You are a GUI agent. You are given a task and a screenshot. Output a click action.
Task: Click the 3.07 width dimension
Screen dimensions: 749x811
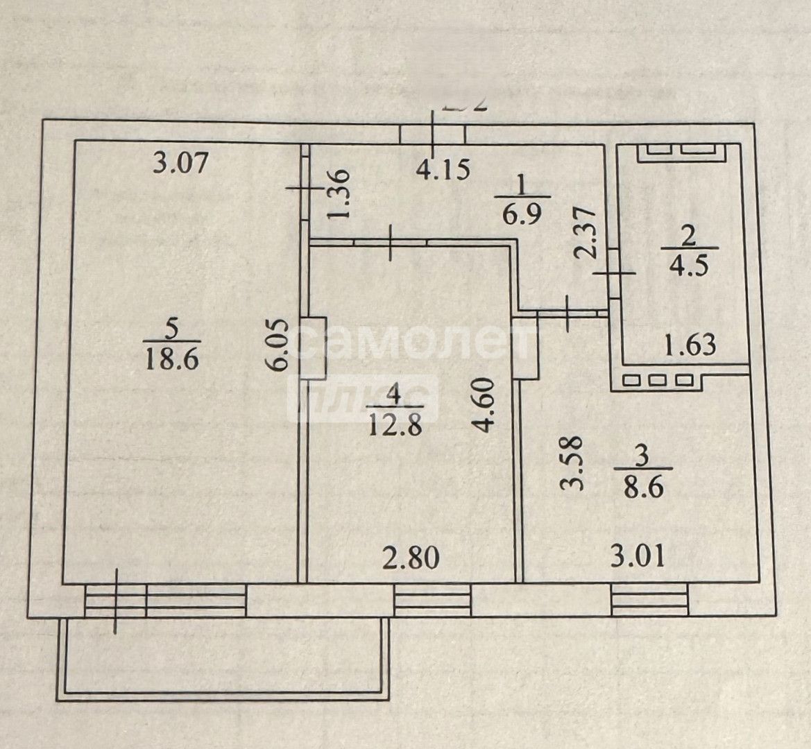180,165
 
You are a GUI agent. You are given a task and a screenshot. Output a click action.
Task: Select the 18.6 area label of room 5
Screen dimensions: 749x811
172,359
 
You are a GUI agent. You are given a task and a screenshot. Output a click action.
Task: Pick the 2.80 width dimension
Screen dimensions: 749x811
411,556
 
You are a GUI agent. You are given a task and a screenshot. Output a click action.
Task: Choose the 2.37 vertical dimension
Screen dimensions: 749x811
586,232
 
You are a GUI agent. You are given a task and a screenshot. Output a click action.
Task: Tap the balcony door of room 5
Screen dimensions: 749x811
116,600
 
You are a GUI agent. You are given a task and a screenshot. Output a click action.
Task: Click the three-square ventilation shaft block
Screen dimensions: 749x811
658,380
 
